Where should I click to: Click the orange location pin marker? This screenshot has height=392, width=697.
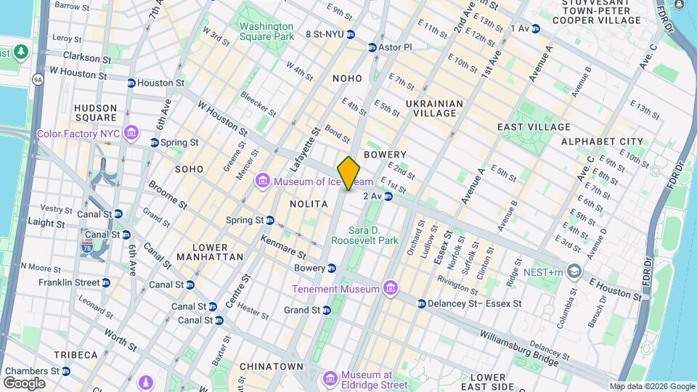[x=349, y=173]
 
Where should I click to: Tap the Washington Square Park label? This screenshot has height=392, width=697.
[x=267, y=30]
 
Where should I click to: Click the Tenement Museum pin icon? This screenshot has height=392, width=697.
[x=391, y=289]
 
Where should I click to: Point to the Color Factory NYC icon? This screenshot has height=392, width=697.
[x=131, y=133]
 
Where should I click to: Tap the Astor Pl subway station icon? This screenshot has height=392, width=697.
[x=372, y=47]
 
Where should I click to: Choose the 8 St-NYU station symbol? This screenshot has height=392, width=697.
[x=351, y=34]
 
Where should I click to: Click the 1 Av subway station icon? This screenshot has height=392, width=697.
[x=536, y=28]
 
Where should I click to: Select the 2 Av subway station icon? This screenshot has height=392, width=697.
[x=388, y=196]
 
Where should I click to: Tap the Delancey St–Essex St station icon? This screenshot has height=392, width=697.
[x=421, y=303]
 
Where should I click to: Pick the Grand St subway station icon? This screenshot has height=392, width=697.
[x=327, y=310]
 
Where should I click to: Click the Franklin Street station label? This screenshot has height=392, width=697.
[x=69, y=282]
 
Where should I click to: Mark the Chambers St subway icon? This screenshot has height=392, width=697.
[x=66, y=371]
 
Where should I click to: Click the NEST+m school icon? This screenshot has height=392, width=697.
[x=575, y=271]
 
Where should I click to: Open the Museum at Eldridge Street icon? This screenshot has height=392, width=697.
[x=330, y=378]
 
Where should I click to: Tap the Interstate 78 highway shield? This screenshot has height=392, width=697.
[x=86, y=248]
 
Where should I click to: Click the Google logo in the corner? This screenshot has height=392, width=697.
[x=25, y=383]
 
